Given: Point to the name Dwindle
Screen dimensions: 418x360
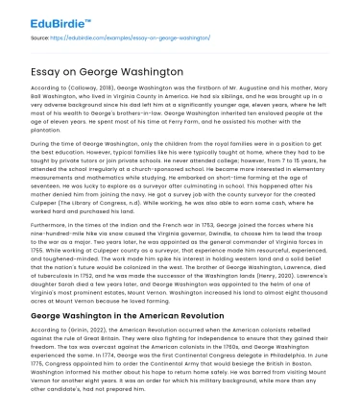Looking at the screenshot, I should point(213,248).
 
